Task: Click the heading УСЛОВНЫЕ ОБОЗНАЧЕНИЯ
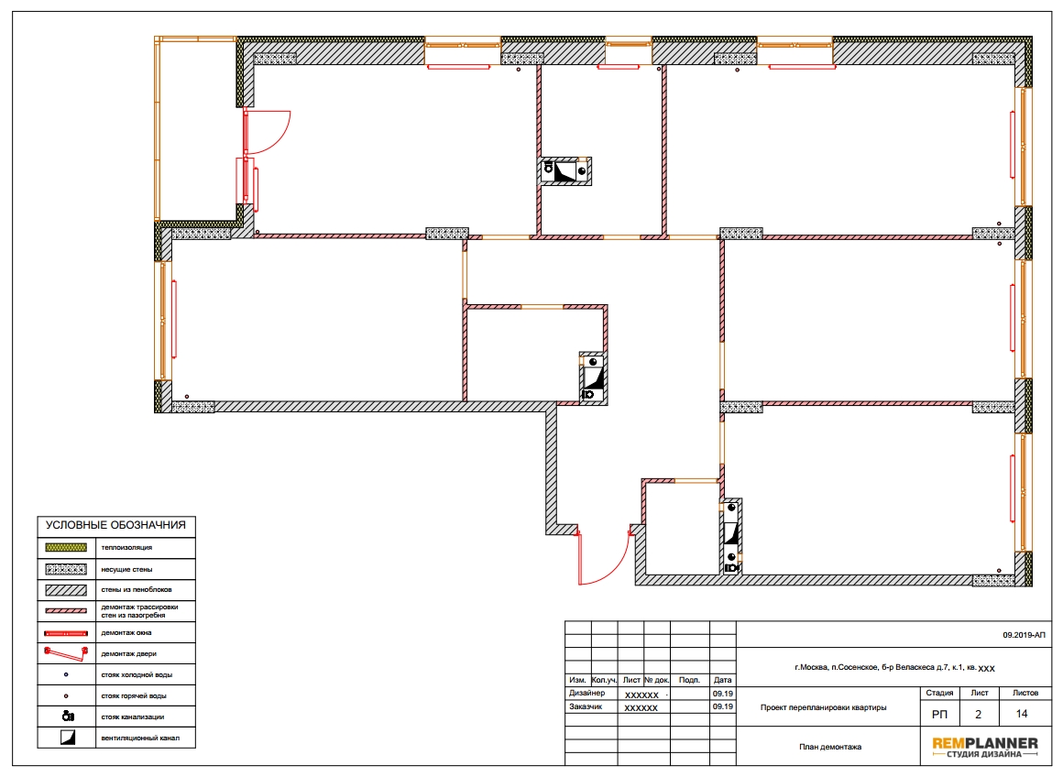coord(115,525)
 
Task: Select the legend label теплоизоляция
coord(126,547)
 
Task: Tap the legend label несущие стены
coord(126,570)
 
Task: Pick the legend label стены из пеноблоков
coord(137,589)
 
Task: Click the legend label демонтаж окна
coord(126,632)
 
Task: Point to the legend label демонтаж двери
coord(129,653)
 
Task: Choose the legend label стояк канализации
coord(133,717)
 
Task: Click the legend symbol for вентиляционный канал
coord(67,737)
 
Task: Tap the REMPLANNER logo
coord(985,747)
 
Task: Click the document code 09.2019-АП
coord(1024,635)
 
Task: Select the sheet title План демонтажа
coord(830,747)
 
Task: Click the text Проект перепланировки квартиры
coord(823,707)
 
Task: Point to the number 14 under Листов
coord(1022,714)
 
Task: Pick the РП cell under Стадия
coord(939,714)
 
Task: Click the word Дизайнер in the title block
coord(587,693)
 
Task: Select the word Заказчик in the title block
coord(586,706)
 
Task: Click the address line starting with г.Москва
coord(894,668)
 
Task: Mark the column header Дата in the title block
coord(723,679)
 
